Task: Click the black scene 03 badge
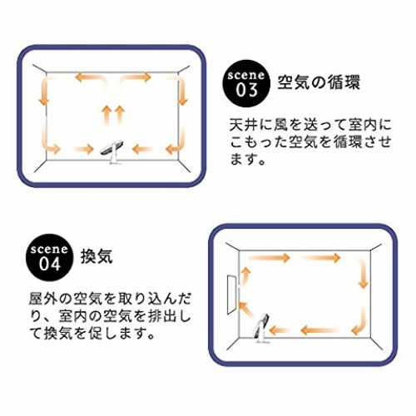point(246,83)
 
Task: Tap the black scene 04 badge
point(50,258)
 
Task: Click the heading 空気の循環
point(319,82)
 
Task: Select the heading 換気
point(97,256)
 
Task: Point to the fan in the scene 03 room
point(112,152)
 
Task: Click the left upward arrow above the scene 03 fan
point(106,115)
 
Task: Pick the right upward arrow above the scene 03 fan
point(120,115)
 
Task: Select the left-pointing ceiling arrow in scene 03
point(89,77)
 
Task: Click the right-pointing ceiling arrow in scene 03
point(136,77)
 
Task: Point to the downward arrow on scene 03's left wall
point(43,92)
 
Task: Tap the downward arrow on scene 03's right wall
point(182,92)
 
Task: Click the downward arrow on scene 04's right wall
point(363,274)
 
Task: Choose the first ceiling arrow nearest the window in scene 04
point(270,258)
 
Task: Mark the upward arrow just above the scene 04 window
point(245,276)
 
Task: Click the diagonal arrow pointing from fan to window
point(245,309)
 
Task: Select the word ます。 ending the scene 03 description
point(247,159)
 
